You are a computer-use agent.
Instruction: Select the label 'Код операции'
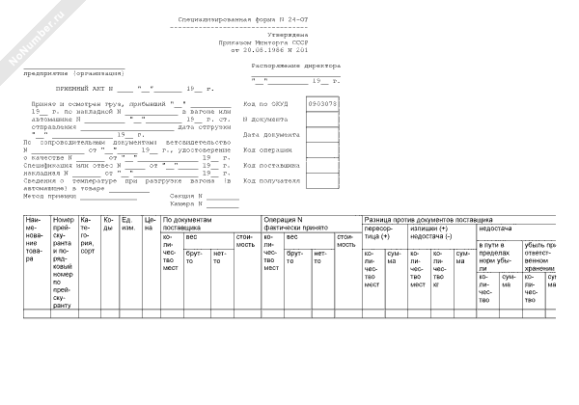tap(263, 150)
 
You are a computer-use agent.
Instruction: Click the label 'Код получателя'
tap(268, 180)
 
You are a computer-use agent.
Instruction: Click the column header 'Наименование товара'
tap(36, 240)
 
